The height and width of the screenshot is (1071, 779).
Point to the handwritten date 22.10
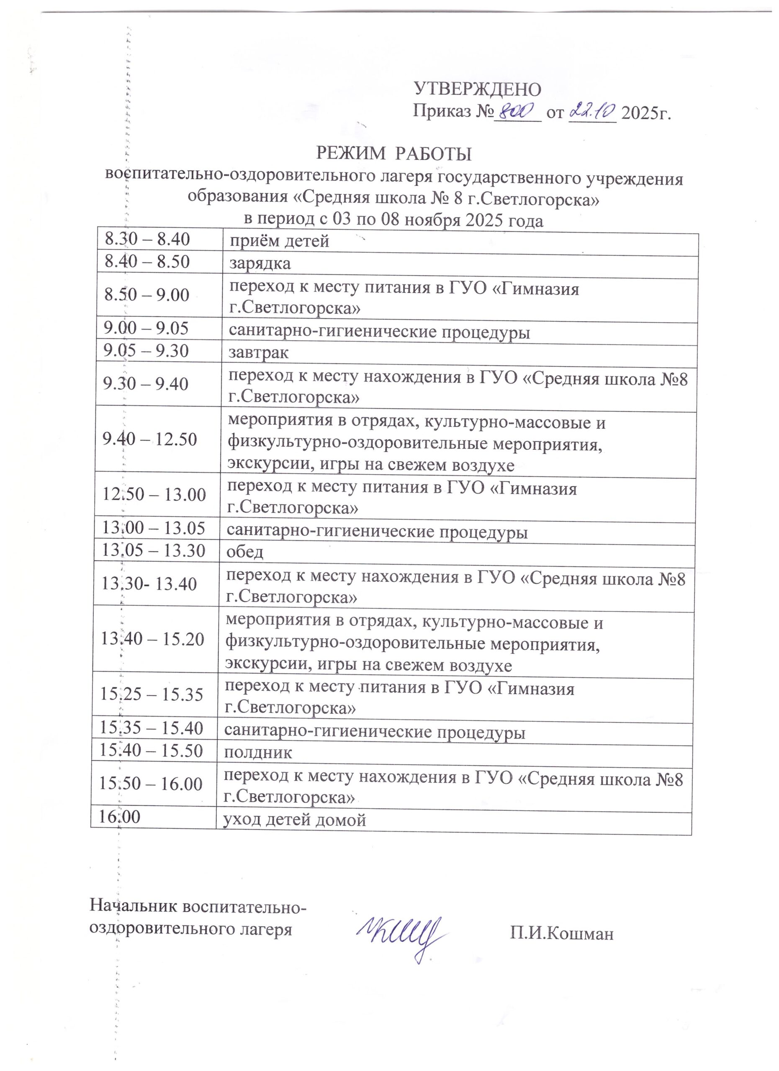(593, 111)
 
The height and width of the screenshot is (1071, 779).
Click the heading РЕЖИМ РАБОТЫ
(394, 154)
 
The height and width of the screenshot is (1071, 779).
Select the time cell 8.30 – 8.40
(147, 240)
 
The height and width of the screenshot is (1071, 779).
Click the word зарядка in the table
(260, 264)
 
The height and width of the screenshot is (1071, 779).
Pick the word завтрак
(259, 352)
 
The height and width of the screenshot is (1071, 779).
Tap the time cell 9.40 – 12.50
(150, 440)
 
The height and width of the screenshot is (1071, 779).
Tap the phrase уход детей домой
(295, 820)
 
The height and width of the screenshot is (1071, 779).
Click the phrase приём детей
(279, 242)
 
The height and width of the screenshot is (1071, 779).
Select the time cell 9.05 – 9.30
(147, 351)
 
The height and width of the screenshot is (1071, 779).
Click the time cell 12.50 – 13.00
(154, 495)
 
